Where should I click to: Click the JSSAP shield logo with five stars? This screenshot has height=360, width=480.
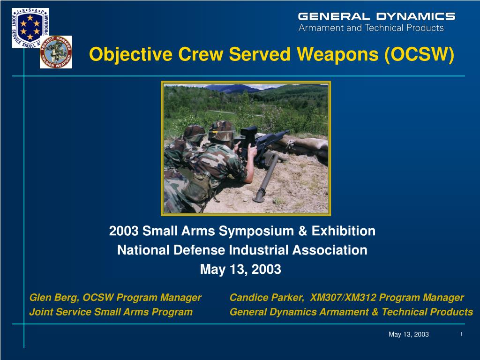(30, 28)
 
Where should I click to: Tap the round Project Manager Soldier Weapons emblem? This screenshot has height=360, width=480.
(56, 52)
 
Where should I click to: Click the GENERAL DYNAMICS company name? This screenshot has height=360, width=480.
(376, 16)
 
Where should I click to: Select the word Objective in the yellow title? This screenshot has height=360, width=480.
(131, 54)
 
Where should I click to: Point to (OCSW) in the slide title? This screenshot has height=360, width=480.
(419, 54)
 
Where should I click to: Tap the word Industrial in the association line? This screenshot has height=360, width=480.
(258, 250)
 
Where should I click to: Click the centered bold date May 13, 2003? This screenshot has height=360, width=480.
(240, 270)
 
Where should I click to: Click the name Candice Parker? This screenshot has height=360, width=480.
(266, 298)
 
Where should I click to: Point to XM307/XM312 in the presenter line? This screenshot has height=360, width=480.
(343, 298)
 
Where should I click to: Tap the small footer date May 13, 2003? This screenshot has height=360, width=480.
(409, 334)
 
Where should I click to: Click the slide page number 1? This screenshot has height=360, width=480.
(461, 334)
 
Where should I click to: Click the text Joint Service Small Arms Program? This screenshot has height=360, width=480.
(111, 312)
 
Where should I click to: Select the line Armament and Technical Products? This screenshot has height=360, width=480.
(371, 28)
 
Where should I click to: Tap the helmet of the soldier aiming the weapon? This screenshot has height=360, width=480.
(222, 131)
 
